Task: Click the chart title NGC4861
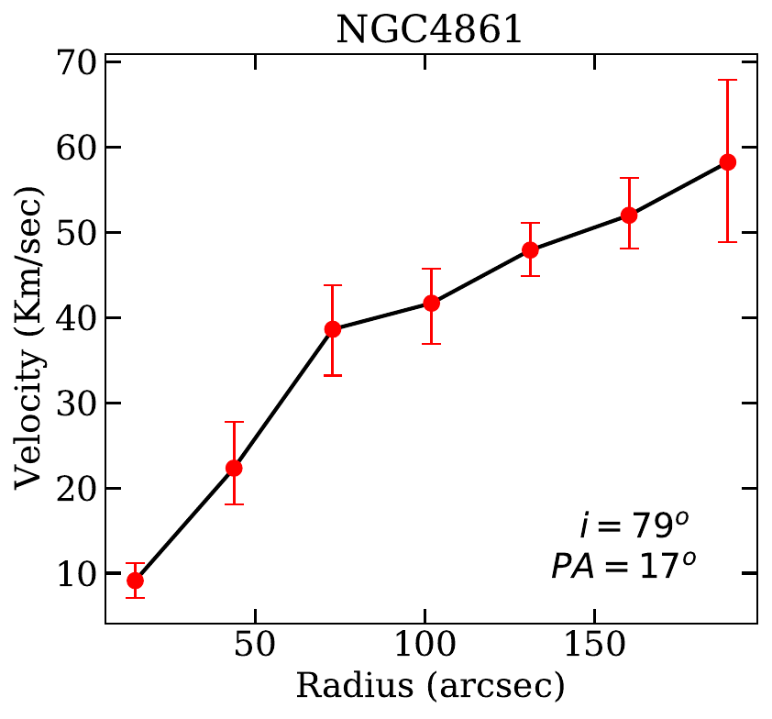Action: coord(429,29)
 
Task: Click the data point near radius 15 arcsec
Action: coord(135,581)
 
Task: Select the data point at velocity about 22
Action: coord(234,468)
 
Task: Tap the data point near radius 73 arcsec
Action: coord(333,328)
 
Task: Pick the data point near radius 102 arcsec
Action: coord(432,303)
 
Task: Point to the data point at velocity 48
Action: coord(530,249)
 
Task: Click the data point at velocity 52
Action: coord(629,215)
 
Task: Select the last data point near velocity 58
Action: coord(728,162)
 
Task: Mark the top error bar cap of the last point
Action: coord(728,80)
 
